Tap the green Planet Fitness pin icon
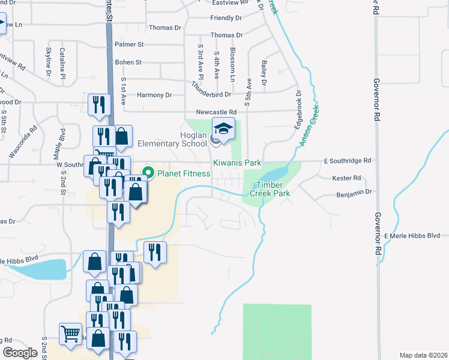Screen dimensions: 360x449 pyautogui.click(x=145, y=174)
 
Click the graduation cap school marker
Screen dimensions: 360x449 pyautogui.click(x=223, y=130)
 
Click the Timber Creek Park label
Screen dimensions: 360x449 pyautogui.click(x=273, y=189)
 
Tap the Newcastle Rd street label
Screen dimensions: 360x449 pyautogui.click(x=216, y=112)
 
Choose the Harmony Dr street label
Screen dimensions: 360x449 pyautogui.click(x=154, y=95)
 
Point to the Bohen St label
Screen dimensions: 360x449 pyautogui.click(x=128, y=62)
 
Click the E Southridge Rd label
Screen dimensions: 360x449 pyautogui.click(x=348, y=161)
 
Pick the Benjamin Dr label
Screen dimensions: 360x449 pyautogui.click(x=355, y=192)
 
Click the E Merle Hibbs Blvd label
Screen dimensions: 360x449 pyautogui.click(x=416, y=236)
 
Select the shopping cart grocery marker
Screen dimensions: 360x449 pyautogui.click(x=71, y=334)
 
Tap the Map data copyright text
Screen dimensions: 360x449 pyautogui.click(x=423, y=355)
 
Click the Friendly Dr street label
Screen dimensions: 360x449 pyautogui.click(x=226, y=19)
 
